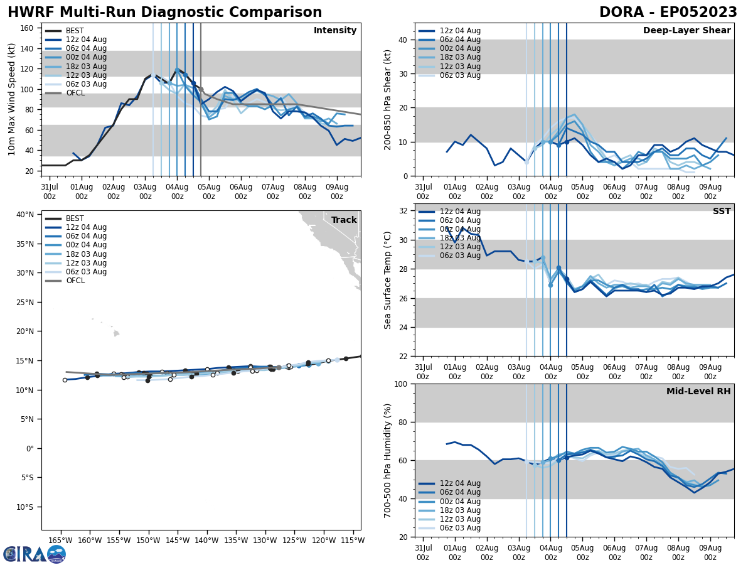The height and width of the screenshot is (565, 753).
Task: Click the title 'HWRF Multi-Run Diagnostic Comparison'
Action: click(x=164, y=13)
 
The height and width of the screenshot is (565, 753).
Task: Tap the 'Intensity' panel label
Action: click(x=334, y=31)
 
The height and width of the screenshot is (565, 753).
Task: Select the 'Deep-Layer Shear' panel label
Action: click(x=686, y=31)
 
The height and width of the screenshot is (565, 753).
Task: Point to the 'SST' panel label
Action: click(x=721, y=212)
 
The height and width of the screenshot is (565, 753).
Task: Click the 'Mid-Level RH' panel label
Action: click(x=698, y=392)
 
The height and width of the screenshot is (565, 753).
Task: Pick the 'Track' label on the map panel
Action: click(x=344, y=220)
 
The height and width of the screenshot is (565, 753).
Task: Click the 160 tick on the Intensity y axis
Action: click(x=28, y=28)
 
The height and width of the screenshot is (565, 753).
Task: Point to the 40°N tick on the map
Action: click(x=25, y=215)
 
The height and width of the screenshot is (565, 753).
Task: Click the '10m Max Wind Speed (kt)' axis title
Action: click(x=12, y=99)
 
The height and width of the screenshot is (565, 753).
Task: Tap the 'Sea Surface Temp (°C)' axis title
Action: click(x=388, y=280)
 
